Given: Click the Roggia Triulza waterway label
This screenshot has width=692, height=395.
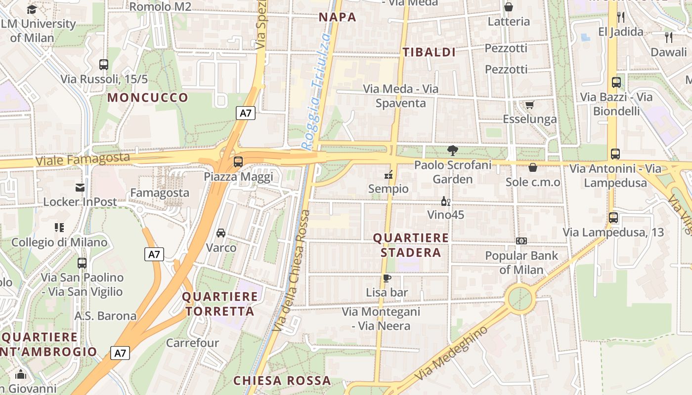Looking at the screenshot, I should [317, 91].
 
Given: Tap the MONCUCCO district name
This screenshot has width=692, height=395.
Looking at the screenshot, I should [148, 97].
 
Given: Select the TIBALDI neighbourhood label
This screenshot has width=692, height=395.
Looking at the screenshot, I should [429, 52].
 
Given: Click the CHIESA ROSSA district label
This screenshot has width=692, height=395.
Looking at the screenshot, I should [282, 381].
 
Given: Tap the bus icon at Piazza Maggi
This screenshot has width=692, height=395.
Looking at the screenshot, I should [238, 161].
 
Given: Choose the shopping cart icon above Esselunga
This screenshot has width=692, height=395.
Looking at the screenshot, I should [530, 105].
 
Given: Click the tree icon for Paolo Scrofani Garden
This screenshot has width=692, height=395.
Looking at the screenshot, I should [452, 151].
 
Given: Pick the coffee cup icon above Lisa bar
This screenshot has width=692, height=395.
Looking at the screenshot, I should [387, 278].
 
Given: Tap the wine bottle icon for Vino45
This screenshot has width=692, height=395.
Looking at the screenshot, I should [445, 201].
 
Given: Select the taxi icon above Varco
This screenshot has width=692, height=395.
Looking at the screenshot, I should [221, 233].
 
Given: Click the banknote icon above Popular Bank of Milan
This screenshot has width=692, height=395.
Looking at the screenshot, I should [521, 241].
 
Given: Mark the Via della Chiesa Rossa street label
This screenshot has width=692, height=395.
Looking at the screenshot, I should [292, 271].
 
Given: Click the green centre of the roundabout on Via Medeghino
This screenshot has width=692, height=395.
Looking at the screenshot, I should [520, 299].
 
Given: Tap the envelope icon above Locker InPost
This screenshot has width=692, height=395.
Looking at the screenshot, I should [80, 187].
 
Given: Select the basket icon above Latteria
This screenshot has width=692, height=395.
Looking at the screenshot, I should [508, 7].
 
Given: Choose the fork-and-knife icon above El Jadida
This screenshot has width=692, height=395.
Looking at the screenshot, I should [621, 17].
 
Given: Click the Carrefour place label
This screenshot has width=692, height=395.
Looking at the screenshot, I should [192, 343].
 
